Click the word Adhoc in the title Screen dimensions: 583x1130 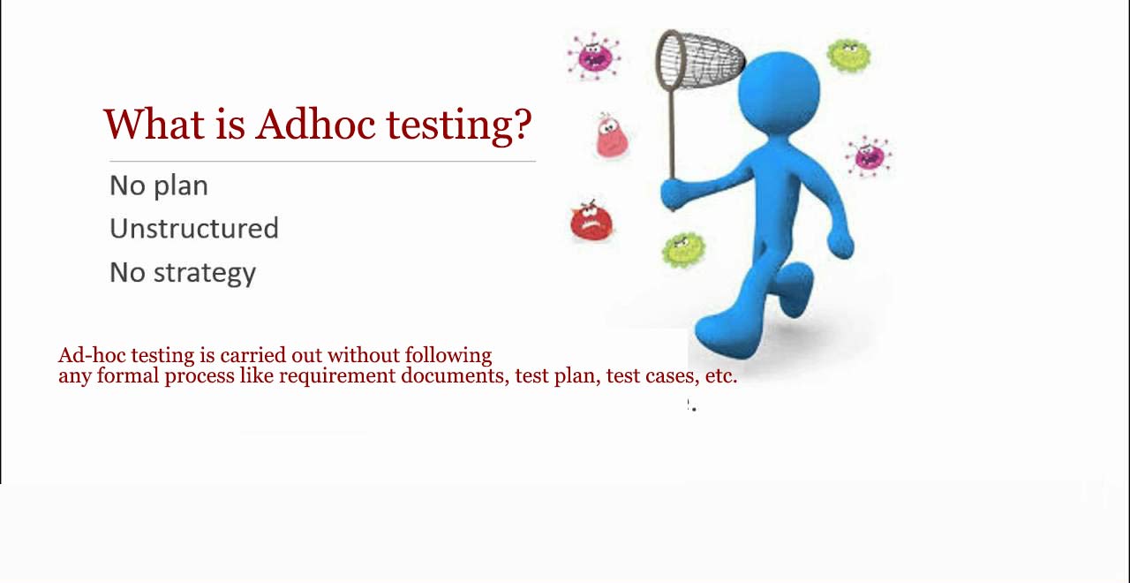point(316,125)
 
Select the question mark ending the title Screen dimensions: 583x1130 point(522,125)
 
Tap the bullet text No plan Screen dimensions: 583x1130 point(159,185)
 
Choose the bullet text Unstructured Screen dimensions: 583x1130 point(194,229)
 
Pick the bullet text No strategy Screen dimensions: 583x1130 point(183,273)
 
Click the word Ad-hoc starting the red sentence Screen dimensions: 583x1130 point(92,355)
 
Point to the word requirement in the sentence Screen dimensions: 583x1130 point(337,376)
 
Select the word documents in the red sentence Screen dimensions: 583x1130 point(455,376)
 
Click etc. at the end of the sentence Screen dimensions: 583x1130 point(720,376)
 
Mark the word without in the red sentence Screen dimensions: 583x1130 point(363,355)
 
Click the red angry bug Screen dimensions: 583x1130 point(591,222)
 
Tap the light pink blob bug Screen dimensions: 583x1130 point(609,137)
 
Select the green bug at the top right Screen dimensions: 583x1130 point(848,56)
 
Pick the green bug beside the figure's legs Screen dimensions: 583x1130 point(683,249)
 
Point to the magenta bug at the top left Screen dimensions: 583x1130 point(593,57)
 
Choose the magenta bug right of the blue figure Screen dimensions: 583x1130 point(869,156)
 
